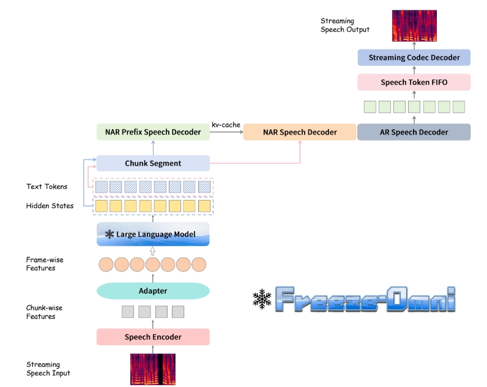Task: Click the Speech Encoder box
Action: coord(152,337)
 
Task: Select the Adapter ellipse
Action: coord(152,291)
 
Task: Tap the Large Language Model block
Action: coord(153,234)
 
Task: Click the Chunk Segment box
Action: coord(153,163)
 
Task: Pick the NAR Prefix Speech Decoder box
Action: coord(153,132)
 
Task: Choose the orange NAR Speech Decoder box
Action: coord(299,132)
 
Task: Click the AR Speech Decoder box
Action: coord(414,132)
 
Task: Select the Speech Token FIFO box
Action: coord(414,82)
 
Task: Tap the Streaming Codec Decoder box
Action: coord(414,57)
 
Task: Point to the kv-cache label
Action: coord(226,125)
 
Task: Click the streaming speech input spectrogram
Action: coord(152,369)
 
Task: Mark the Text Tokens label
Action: coord(47,186)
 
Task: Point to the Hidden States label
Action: coord(50,206)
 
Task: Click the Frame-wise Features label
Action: coord(45,264)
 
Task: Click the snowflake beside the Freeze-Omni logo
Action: coord(262,298)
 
